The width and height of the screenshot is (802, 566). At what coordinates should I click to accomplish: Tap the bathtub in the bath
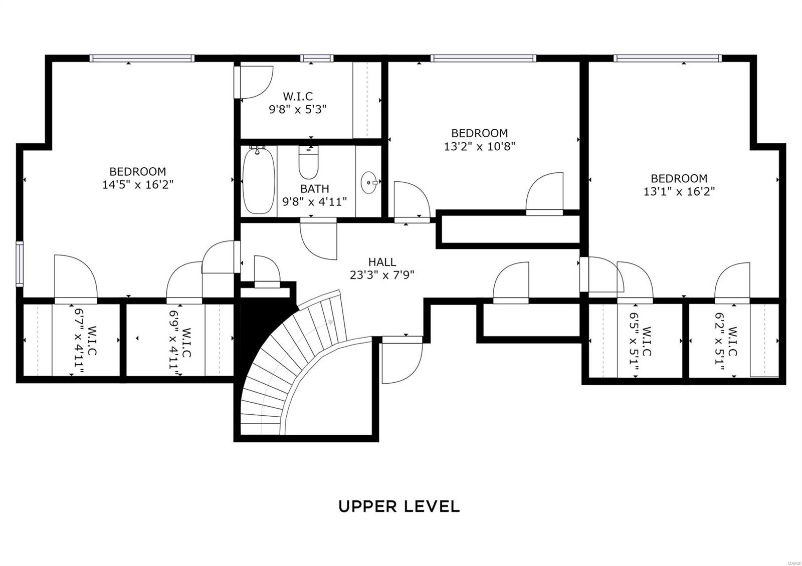pos(259,181)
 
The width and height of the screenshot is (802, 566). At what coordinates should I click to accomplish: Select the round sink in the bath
pos(369,182)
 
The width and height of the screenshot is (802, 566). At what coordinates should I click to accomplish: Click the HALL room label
pos(382,262)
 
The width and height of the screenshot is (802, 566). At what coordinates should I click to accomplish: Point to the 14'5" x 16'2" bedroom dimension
pos(138,185)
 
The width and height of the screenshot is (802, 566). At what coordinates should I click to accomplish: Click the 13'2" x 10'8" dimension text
pos(479,146)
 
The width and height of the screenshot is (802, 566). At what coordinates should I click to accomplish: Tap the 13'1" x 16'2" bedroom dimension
pos(679,192)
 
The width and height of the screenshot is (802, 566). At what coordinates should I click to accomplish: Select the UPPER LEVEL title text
pos(399,506)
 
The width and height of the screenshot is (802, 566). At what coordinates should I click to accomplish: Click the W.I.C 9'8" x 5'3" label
pos(298,103)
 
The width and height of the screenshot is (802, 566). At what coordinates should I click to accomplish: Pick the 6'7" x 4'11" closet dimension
pos(79,340)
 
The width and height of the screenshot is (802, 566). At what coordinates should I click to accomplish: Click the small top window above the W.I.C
pos(316,58)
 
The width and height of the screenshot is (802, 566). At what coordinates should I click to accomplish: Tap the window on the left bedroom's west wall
pos(20,264)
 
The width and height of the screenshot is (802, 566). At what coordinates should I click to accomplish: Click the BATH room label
pos(314,188)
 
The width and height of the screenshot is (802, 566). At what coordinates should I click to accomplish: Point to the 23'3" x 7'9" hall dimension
pos(382,275)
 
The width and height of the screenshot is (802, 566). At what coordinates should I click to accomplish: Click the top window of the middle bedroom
pos(483,58)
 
